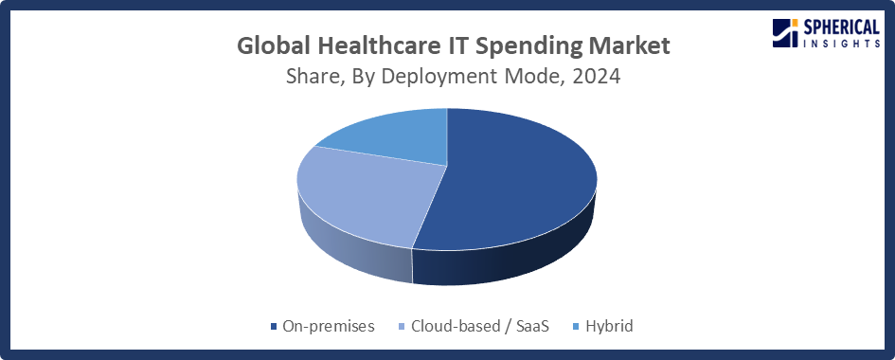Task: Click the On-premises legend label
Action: tap(329, 326)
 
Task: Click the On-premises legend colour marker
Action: tap(274, 327)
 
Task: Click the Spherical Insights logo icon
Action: tap(786, 31)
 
